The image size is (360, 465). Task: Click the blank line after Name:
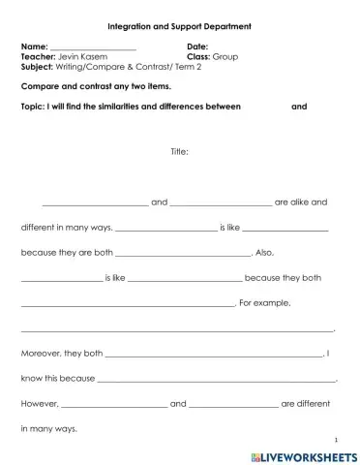click(x=93, y=48)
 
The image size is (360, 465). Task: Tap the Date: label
click(x=197, y=46)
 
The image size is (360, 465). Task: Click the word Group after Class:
click(x=225, y=56)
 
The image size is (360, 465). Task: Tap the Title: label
click(x=179, y=151)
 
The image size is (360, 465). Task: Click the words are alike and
click(x=301, y=202)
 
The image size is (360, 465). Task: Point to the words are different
click(x=306, y=404)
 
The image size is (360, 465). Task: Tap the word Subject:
click(x=39, y=67)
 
